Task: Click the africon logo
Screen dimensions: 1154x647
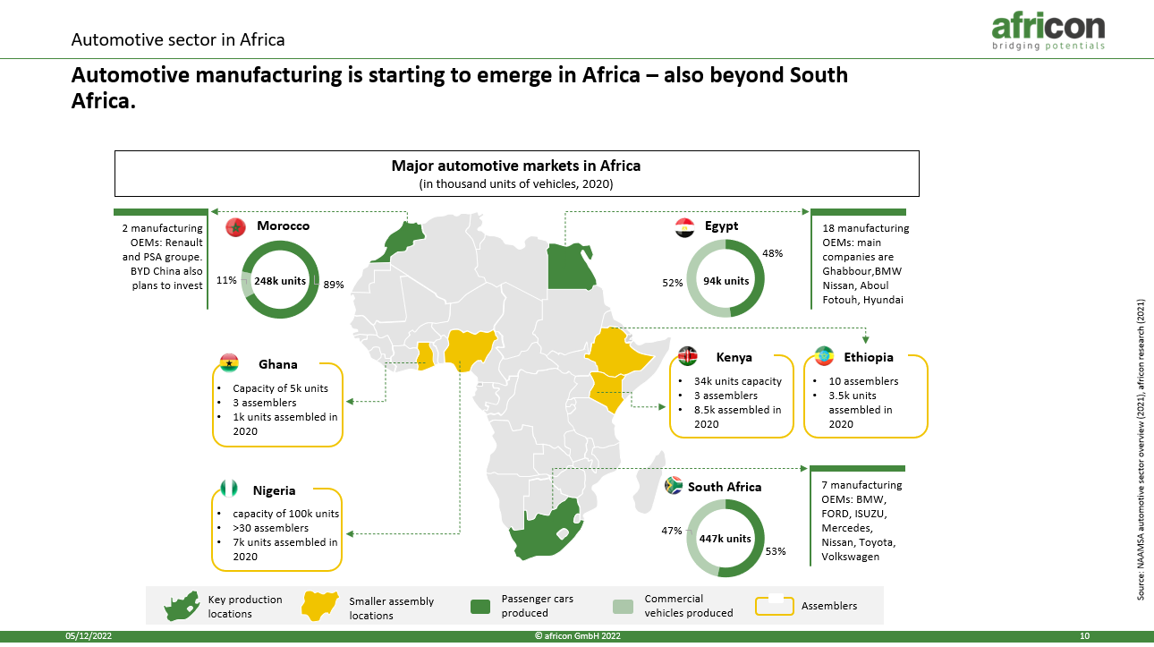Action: point(1048,31)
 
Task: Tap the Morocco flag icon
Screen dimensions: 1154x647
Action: point(235,226)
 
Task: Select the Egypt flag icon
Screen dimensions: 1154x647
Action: point(684,227)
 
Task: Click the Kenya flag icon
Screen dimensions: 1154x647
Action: point(687,356)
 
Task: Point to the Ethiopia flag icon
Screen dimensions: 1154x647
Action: point(824,356)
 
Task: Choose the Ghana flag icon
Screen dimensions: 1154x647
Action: point(229,363)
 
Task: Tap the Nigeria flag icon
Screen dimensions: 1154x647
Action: point(229,488)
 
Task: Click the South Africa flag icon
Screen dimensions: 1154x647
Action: point(674,485)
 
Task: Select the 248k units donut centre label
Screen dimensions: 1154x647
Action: point(280,281)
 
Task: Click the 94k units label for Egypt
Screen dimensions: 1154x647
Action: point(725,281)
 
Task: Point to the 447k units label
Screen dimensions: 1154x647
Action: point(725,539)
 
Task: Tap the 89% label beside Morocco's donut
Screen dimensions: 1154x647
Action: point(334,285)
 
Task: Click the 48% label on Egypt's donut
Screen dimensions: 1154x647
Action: point(772,253)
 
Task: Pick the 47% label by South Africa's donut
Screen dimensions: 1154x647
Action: point(671,531)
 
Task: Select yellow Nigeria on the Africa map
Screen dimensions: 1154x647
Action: point(469,348)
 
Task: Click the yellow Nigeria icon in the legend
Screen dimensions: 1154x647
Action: point(319,605)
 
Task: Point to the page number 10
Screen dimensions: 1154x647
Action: point(1084,635)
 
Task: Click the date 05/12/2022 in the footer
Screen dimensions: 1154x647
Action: point(89,635)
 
